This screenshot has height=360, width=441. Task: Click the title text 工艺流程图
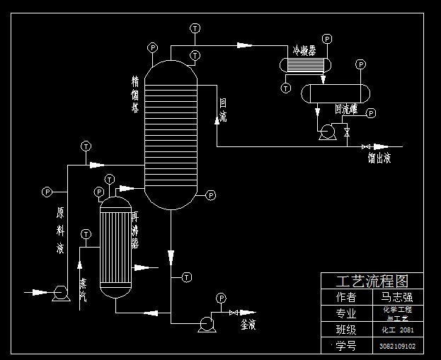pyautogui.click(x=372, y=281)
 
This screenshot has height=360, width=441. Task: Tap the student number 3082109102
pyautogui.click(x=397, y=347)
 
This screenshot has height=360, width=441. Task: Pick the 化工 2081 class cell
pyautogui.click(x=397, y=330)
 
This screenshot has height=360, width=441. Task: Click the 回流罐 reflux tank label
pyautogui.click(x=347, y=110)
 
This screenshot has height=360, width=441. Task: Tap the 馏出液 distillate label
pyautogui.click(x=379, y=158)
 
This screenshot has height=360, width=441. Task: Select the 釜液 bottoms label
pyautogui.click(x=248, y=325)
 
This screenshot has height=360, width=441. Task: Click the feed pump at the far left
pyautogui.click(x=59, y=292)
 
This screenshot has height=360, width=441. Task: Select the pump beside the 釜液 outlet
pyautogui.click(x=207, y=323)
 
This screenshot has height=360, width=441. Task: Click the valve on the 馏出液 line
pyautogui.click(x=366, y=146)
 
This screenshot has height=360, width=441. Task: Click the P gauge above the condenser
pyautogui.click(x=326, y=38)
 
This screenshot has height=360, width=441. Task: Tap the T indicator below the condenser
pyautogui.click(x=285, y=88)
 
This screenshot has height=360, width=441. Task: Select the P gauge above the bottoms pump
pyautogui.click(x=221, y=298)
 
